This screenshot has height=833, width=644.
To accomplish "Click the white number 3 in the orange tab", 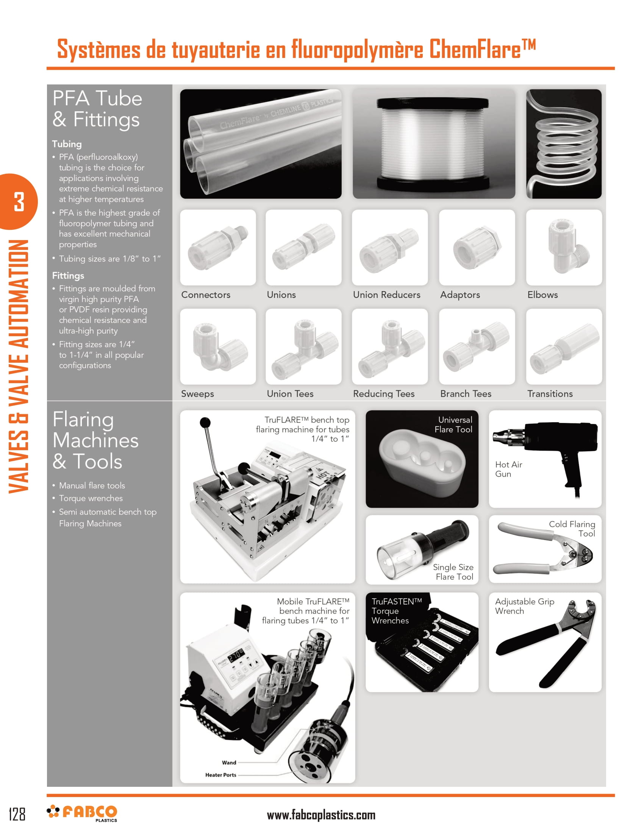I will tap(19, 202).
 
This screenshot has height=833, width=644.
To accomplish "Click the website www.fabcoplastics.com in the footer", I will tap(321, 815).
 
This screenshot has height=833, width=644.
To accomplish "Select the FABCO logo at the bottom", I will tap(83, 813).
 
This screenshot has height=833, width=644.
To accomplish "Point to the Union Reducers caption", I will tap(386, 295).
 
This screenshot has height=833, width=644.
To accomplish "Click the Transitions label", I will tap(549, 394).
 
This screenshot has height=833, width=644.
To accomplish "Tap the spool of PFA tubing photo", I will tap(433, 144).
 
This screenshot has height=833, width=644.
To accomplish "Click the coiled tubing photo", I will tap(564, 144).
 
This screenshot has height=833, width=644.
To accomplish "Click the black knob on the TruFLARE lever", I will tap(205, 422).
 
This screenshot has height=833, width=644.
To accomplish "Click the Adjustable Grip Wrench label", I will tap(524, 606).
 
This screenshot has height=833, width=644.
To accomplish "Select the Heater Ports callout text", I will tap(220, 775).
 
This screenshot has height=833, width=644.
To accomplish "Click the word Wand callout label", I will tap(229, 763).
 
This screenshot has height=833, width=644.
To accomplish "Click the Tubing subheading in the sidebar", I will tap(67, 144).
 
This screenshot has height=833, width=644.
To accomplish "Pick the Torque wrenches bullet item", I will tap(91, 499).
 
